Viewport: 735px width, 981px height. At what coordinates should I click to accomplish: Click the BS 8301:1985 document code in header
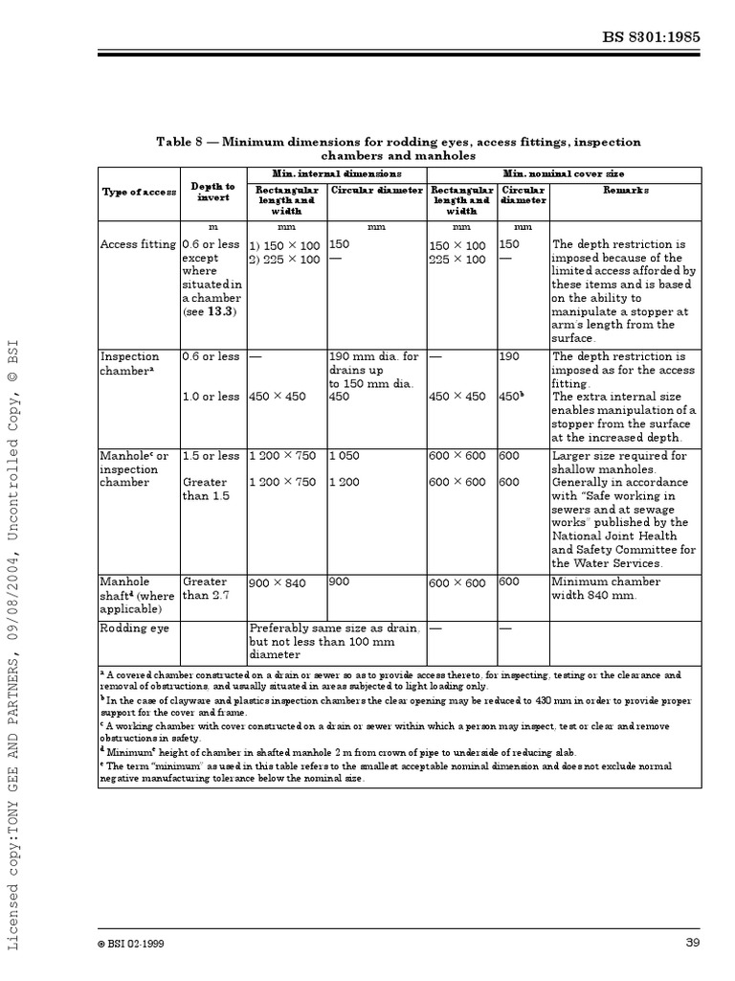pos(663,38)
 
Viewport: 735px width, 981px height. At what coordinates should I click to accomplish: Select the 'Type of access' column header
pos(139,192)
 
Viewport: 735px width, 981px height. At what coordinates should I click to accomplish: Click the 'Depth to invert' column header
pos(212,192)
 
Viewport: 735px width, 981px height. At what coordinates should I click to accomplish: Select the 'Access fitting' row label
pos(138,244)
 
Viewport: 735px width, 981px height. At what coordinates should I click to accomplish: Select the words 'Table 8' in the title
pos(180,142)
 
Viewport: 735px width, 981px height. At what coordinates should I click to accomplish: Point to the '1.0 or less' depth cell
pos(212,397)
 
